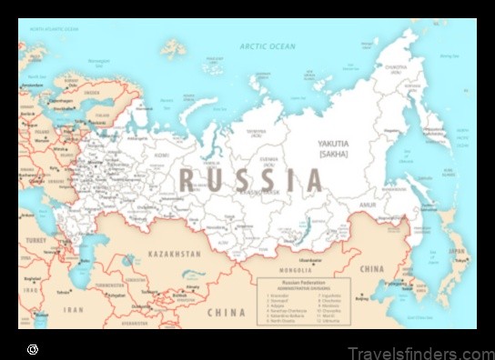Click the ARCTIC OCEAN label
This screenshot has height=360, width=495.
click(268, 45)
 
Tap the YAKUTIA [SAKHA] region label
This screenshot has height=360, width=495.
click(334, 149)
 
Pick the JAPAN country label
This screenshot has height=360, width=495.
click(458, 251)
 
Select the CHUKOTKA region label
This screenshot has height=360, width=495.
click(397, 69)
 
